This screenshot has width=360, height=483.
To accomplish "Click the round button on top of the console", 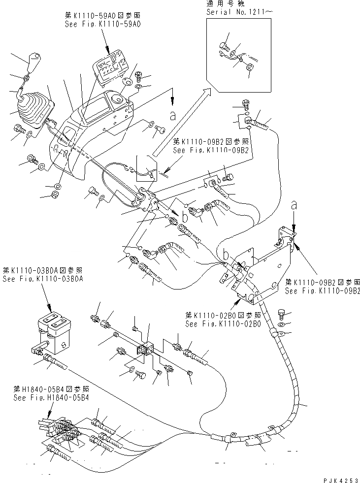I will coord(118,98).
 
